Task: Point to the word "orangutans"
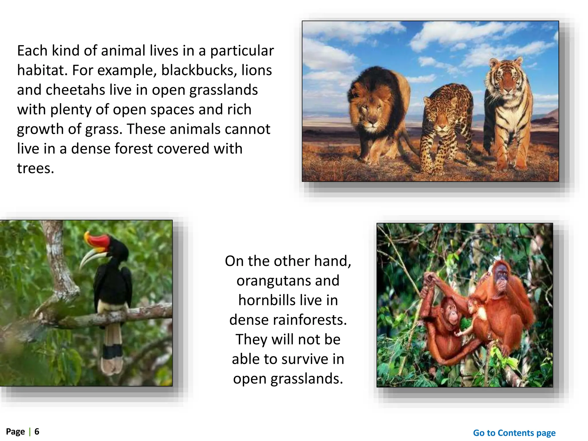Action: (x=288, y=281)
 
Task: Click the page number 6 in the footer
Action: (x=37, y=432)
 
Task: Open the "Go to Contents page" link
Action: (x=514, y=433)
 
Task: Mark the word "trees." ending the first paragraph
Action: (x=36, y=169)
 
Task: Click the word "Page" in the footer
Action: (x=16, y=432)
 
